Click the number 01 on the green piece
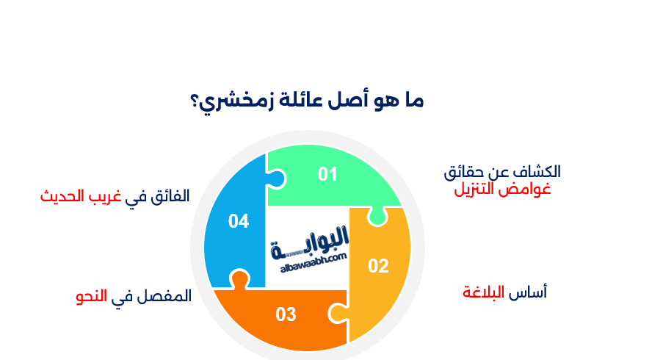(x=327, y=174)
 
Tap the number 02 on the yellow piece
(x=378, y=266)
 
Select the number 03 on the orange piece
(x=286, y=315)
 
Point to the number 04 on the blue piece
(x=239, y=220)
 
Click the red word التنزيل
(x=474, y=190)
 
